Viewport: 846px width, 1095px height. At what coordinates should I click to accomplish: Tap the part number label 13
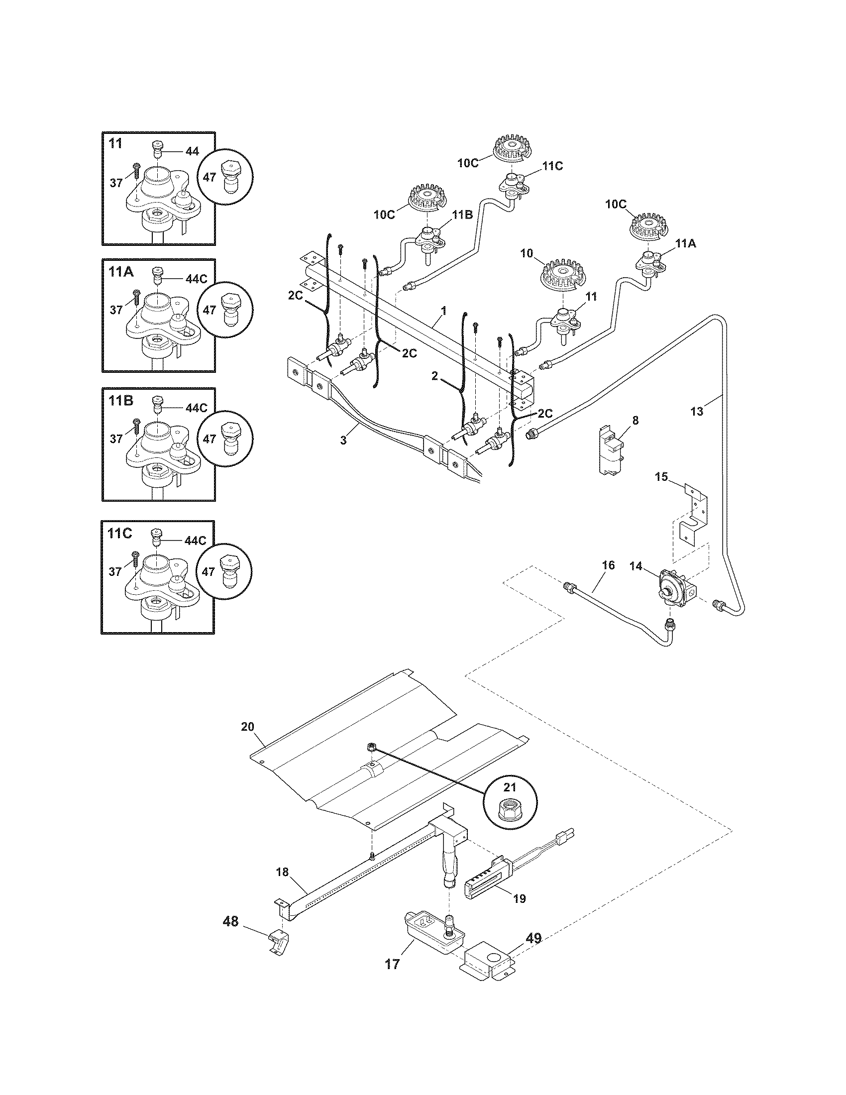[x=697, y=412]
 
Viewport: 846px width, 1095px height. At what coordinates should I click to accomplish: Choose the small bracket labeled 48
[x=277, y=943]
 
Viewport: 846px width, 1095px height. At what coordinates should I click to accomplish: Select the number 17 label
[x=393, y=964]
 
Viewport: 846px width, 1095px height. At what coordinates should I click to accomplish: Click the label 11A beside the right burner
[x=686, y=244]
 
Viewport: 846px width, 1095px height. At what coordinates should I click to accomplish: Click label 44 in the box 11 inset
[x=192, y=151]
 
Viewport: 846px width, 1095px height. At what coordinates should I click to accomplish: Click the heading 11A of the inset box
[x=121, y=272]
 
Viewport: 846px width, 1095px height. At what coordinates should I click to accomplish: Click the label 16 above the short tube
[x=608, y=565]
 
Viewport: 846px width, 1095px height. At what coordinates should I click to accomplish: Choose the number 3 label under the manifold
[x=343, y=440]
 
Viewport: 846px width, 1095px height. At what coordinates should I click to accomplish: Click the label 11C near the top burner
[x=552, y=166]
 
